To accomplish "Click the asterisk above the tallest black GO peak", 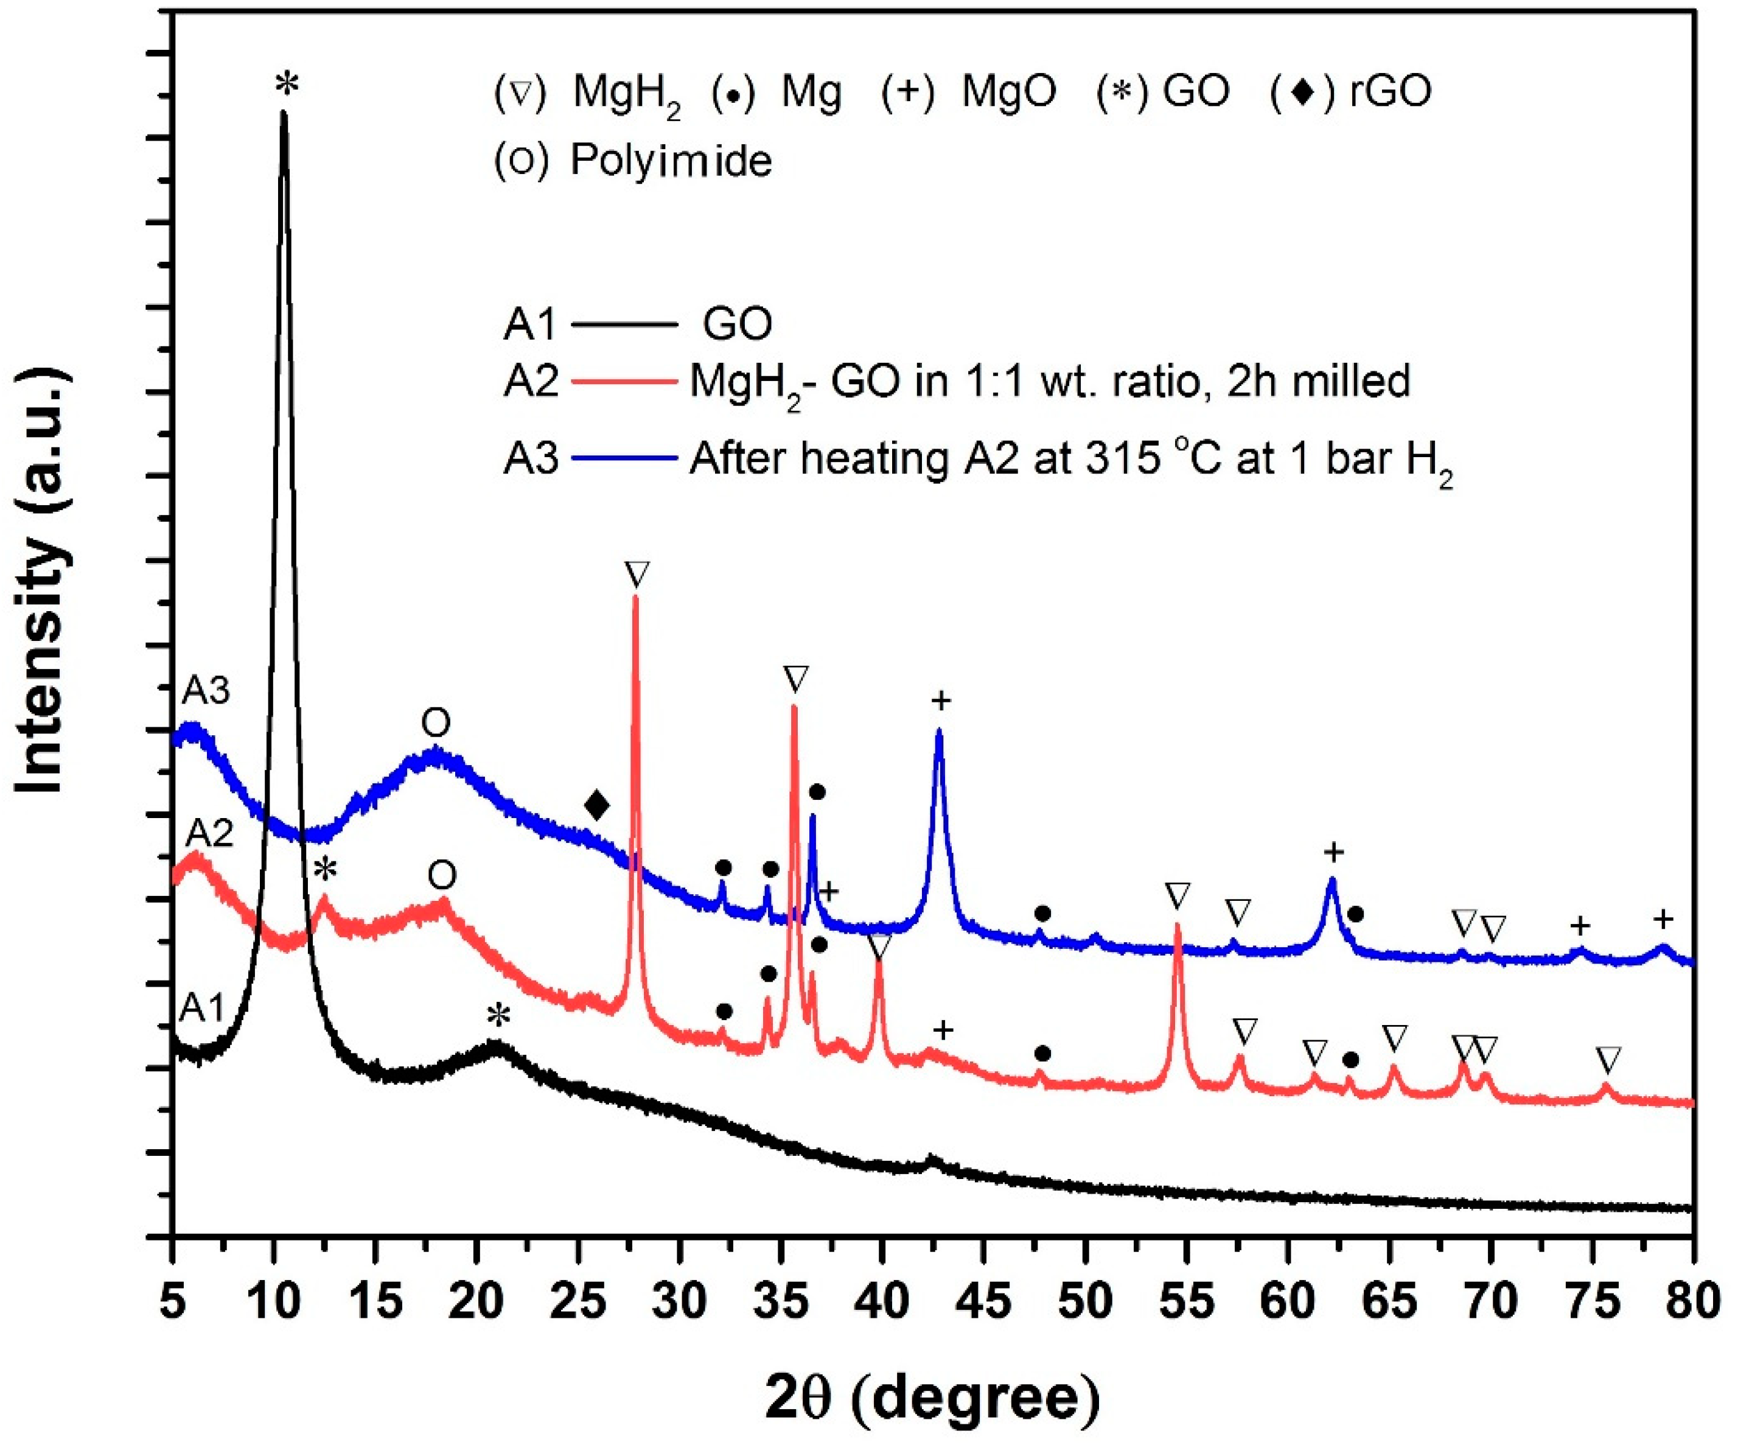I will (x=287, y=83).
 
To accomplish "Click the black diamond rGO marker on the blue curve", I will (x=597, y=805).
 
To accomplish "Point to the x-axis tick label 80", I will (x=1692, y=1302).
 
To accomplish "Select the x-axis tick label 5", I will (x=172, y=1302).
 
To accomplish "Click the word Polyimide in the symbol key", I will (x=671, y=161).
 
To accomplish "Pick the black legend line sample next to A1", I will (x=625, y=324).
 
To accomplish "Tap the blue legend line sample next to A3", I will (x=625, y=457).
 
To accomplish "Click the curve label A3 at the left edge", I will (x=205, y=690).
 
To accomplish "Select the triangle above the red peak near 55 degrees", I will (x=1177, y=895).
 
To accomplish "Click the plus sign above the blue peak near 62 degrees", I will (x=1333, y=852).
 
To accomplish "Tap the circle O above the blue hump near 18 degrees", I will (x=436, y=723).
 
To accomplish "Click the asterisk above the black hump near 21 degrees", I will (x=498, y=1015).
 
